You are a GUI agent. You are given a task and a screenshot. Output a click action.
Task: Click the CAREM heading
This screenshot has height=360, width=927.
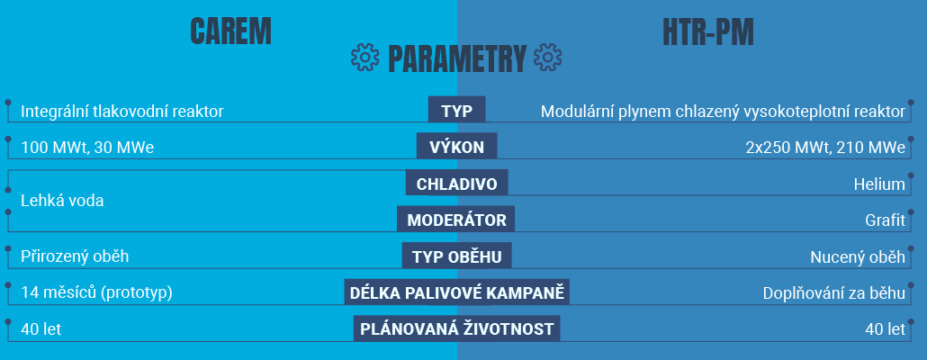[230, 31]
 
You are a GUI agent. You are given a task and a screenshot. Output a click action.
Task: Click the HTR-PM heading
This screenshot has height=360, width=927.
[708, 31]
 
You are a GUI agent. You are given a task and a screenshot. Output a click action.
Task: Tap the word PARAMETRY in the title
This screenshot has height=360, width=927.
[457, 58]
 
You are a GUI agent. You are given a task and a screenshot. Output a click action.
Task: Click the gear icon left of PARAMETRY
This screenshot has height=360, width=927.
[364, 58]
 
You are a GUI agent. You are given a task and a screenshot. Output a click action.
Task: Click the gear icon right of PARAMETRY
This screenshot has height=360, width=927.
[547, 58]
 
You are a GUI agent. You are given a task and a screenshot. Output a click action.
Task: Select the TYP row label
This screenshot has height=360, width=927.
[457, 110]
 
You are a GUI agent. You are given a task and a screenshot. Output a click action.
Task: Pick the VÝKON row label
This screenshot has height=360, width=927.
[457, 147]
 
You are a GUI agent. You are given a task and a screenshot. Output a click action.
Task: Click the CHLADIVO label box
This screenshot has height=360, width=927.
[457, 184]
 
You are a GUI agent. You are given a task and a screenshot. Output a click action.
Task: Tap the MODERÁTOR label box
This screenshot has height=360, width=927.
[455, 220]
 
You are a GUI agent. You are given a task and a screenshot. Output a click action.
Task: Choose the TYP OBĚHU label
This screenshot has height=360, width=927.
[457, 256]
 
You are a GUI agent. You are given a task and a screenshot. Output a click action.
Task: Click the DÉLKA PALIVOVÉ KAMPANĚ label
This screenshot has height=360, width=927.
[457, 292]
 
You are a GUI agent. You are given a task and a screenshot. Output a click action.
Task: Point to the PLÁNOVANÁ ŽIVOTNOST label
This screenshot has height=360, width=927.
[457, 328]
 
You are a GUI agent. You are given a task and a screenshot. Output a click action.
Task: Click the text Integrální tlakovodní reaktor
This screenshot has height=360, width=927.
[122, 112]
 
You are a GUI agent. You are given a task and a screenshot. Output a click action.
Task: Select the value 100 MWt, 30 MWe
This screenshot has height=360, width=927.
[87, 148]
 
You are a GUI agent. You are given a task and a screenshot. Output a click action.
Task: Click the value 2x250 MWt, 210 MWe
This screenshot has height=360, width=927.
[826, 148]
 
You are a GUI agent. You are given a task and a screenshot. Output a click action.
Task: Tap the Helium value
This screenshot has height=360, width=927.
[879, 184]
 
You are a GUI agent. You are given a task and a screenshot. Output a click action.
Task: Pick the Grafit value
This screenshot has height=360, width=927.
[885, 220]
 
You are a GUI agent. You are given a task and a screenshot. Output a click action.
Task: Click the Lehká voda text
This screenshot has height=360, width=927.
[62, 201]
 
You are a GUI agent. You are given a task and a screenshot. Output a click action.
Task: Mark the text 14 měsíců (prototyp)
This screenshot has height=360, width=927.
[96, 293]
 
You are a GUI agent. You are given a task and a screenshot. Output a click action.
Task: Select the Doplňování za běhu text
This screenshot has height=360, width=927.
[834, 293]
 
